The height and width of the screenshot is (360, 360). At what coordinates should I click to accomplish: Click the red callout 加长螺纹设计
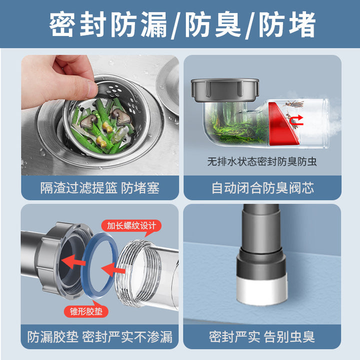(x=131, y=226)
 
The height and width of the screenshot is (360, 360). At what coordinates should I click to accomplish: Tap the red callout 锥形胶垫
(x=86, y=311)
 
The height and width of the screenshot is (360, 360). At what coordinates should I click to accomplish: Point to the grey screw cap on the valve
(x=225, y=90)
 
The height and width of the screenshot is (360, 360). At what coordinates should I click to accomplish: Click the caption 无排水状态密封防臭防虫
(x=262, y=161)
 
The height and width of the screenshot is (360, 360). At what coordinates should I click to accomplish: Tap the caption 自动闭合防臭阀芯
(x=262, y=188)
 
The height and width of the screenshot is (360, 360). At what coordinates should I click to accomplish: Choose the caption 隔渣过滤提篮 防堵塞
(x=100, y=188)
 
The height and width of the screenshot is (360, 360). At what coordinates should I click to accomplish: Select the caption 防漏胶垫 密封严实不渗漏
(x=100, y=337)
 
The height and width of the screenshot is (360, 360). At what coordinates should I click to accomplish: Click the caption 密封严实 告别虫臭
(x=262, y=337)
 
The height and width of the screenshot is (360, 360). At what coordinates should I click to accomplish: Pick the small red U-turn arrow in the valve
(x=296, y=120)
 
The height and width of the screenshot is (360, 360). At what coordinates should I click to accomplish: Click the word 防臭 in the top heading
(x=213, y=24)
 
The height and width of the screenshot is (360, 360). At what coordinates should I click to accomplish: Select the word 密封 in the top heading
(x=77, y=24)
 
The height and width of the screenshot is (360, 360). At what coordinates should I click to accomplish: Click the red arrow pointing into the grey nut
(x=73, y=261)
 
